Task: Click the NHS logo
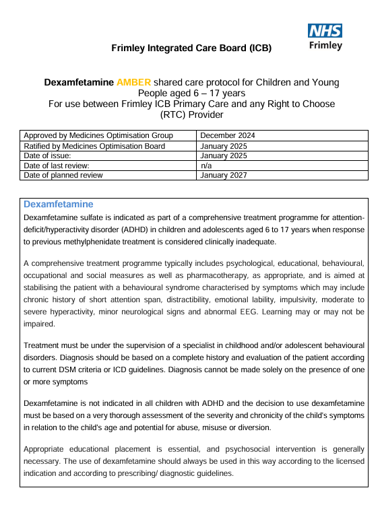coord(325,31)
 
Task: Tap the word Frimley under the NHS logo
coord(325,46)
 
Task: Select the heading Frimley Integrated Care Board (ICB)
coord(191,48)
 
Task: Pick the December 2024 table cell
coord(228,135)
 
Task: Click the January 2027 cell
coord(224,175)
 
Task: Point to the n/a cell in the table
coord(207,165)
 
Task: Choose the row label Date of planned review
coord(63,175)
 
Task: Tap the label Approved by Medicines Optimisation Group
coord(98,135)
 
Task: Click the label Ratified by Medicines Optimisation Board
coord(94,145)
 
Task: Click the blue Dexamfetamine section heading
coord(59,204)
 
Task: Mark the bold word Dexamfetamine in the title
coord(79,82)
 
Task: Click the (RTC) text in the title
coord(166,114)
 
